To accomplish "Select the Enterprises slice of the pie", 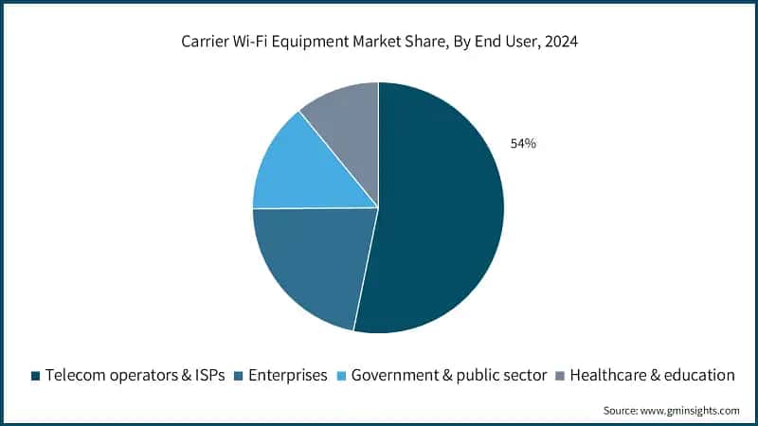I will pyautogui.click(x=313, y=260).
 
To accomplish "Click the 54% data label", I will pyautogui.click(x=522, y=144).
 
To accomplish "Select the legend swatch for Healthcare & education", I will pyautogui.click(x=560, y=376).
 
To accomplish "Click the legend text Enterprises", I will pyautogui.click(x=287, y=375).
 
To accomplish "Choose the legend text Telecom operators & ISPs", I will pyautogui.click(x=135, y=375).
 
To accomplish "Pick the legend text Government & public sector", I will pyautogui.click(x=449, y=375).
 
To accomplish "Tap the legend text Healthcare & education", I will pyautogui.click(x=652, y=375).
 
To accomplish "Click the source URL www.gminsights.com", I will pyautogui.click(x=692, y=410).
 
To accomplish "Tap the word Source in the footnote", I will pyautogui.click(x=622, y=410).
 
